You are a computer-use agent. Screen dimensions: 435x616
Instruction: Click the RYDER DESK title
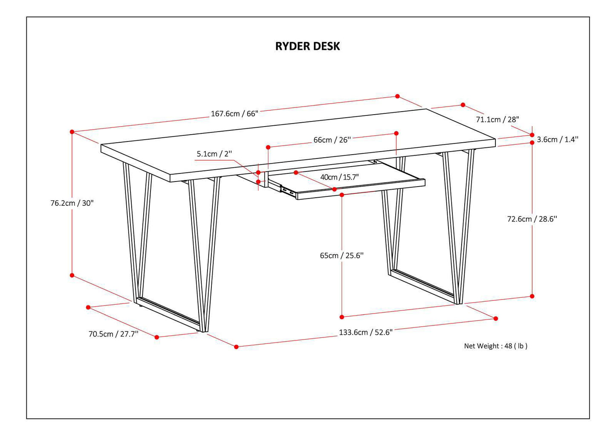click(307, 46)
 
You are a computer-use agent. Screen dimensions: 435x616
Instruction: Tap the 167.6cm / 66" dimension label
click(234, 114)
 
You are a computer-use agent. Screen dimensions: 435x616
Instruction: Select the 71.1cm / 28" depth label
click(497, 119)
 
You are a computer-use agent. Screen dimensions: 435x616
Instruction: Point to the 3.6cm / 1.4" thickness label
click(557, 139)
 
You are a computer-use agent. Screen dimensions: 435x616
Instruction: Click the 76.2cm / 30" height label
click(72, 203)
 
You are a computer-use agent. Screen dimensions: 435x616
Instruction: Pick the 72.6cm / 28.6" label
click(532, 219)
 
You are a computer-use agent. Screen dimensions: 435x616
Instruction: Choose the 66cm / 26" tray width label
click(332, 140)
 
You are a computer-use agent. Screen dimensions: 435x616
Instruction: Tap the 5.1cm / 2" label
click(214, 154)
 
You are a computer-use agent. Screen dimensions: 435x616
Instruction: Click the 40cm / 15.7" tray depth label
click(339, 177)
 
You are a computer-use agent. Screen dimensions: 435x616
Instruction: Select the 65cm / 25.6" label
click(341, 256)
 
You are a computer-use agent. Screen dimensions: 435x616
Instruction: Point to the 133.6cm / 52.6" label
click(366, 332)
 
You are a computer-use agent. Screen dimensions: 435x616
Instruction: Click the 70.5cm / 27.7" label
click(113, 334)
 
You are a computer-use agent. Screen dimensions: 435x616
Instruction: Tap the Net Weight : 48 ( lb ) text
click(495, 346)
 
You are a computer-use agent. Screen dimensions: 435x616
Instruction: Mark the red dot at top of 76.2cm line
click(72, 132)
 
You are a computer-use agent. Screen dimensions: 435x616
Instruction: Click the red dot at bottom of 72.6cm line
click(532, 296)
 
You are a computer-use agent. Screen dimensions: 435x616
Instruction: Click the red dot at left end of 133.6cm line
click(237, 347)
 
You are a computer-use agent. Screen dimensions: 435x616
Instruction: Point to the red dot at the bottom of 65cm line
click(342, 317)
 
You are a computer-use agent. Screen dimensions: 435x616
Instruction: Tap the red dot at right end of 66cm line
click(396, 133)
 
